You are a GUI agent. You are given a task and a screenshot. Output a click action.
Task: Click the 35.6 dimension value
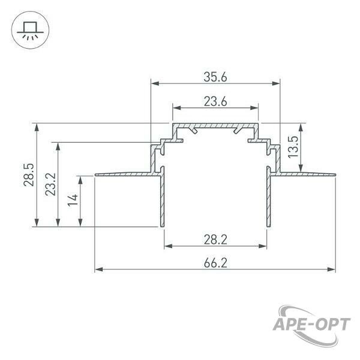(x=215, y=77)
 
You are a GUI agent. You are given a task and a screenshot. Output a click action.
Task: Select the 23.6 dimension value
(x=215, y=101)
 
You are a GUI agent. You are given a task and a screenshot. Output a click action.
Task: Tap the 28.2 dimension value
(x=215, y=239)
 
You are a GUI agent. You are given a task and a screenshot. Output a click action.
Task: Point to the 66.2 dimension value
(x=215, y=263)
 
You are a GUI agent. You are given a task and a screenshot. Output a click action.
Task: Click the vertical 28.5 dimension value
(x=29, y=175)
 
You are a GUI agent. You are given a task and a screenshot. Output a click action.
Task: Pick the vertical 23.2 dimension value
(x=50, y=184)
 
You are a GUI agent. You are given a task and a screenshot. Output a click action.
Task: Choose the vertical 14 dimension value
(x=73, y=200)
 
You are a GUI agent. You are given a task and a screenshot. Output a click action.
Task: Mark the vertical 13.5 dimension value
(x=293, y=147)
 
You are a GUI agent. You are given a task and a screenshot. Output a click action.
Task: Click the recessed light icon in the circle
(x=28, y=31)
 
